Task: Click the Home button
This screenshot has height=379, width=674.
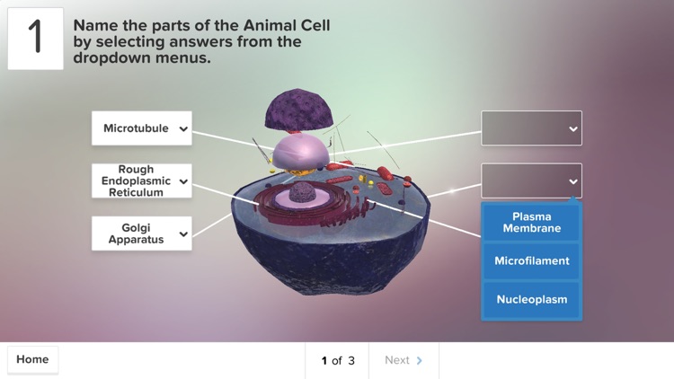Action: [32, 360]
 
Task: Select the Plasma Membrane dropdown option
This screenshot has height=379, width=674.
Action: [531, 223]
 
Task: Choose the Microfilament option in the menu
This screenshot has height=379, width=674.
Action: [531, 261]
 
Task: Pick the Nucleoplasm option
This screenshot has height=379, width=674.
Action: [531, 299]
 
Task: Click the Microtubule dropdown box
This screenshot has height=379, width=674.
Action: [141, 128]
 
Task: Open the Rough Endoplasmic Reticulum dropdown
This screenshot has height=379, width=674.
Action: [141, 181]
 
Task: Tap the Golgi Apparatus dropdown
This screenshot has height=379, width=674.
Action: [141, 234]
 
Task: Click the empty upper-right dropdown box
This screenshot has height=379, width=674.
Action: [531, 128]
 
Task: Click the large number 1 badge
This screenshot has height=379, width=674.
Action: [36, 39]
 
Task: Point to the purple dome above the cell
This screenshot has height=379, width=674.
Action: [299, 110]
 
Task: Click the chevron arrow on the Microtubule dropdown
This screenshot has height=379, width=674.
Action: [183, 129]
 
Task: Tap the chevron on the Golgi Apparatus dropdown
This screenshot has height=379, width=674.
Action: [183, 234]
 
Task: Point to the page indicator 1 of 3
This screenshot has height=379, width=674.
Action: [338, 360]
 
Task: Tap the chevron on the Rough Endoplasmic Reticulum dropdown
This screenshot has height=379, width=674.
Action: [183, 181]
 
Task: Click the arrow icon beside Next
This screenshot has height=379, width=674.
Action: [420, 360]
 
